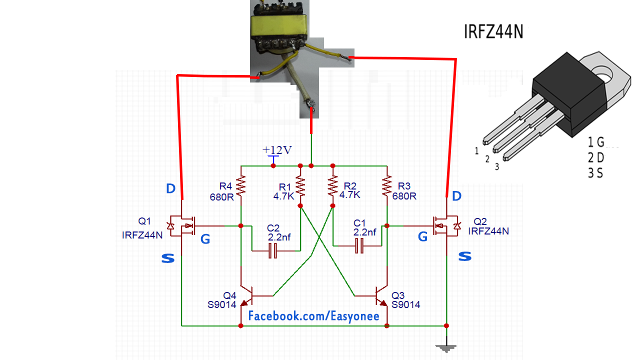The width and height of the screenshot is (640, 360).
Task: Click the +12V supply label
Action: coord(277,150)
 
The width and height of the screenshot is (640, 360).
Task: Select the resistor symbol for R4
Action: coord(241,185)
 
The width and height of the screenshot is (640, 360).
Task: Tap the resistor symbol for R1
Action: coord(300,185)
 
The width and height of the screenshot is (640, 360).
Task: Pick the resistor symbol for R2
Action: coord(332,185)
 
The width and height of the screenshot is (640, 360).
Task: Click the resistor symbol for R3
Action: coord(387,185)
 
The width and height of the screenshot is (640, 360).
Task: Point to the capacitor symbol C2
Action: coord(272,250)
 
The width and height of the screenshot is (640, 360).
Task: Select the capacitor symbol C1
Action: coord(358,245)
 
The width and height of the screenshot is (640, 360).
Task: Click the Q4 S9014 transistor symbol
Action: coord(247,295)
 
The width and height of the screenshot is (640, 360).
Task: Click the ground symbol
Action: coord(446,346)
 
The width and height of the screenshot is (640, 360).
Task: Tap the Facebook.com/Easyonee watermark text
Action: coord(314,316)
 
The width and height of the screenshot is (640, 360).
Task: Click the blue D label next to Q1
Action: coord(170,189)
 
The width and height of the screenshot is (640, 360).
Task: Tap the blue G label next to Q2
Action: coord(422,237)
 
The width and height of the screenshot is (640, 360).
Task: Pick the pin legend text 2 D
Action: coord(596,158)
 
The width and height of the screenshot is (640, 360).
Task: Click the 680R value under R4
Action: coord(222,196)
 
